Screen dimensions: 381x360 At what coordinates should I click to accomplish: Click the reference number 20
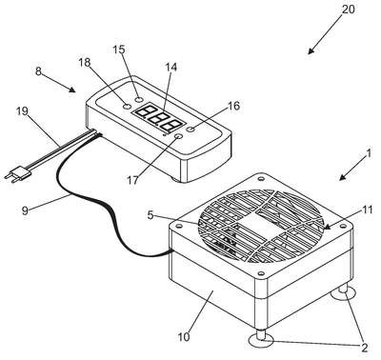[348, 10]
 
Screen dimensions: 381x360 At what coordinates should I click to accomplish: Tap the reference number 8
[38, 71]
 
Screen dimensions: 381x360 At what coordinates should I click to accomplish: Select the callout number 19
[22, 111]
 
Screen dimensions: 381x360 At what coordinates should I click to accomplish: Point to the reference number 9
[26, 210]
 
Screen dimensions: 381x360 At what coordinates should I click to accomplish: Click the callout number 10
[184, 336]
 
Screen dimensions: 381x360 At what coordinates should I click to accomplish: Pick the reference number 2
[364, 348]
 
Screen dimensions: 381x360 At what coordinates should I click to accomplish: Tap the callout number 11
[367, 210]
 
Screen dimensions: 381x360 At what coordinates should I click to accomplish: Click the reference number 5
[150, 215]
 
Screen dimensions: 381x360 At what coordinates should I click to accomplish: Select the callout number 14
[171, 67]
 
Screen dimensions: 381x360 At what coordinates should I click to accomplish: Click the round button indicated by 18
[127, 107]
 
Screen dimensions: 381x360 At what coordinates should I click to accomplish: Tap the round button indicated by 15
[138, 100]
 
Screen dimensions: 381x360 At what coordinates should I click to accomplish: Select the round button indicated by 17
[179, 136]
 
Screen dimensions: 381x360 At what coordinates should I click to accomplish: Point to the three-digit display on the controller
[159, 118]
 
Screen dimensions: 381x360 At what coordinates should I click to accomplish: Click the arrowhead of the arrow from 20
[311, 51]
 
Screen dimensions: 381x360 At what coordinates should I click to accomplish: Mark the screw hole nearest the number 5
[179, 226]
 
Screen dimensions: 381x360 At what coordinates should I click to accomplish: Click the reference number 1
[369, 154]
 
